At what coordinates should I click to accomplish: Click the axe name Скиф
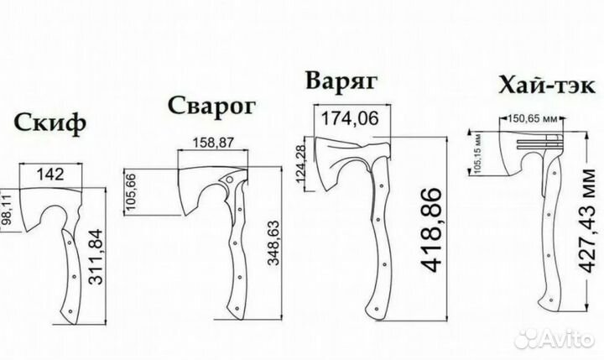click(50, 123)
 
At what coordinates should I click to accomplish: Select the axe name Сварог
click(212, 106)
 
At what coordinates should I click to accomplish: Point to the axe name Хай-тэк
click(547, 86)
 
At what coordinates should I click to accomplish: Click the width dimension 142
click(50, 175)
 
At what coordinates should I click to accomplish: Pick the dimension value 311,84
click(96, 257)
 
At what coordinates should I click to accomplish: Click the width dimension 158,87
click(213, 143)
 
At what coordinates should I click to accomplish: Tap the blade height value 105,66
click(131, 192)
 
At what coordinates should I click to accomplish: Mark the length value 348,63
click(273, 243)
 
